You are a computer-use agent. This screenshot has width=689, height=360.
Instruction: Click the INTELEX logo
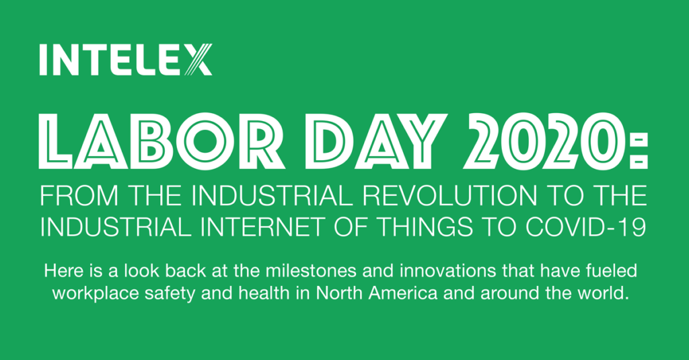point(126,59)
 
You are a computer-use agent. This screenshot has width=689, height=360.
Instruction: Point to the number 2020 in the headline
point(544,141)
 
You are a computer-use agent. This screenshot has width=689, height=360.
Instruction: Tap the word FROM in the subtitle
point(79,196)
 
